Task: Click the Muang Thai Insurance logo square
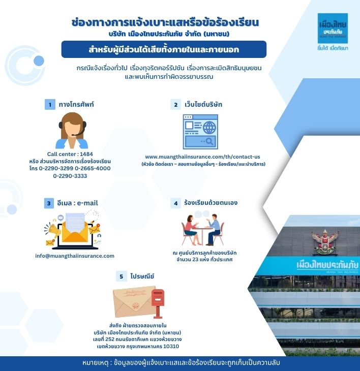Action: (333, 28)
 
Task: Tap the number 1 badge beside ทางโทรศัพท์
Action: (50, 104)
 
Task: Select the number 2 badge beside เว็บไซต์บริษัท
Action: (175, 105)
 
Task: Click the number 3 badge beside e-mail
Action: (49, 203)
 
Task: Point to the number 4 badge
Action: (175, 203)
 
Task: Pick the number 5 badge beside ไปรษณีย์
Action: (121, 276)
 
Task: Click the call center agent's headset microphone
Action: (77, 134)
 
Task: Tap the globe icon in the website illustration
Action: (209, 128)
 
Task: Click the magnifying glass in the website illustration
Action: (209, 141)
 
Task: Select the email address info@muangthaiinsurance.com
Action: (75, 256)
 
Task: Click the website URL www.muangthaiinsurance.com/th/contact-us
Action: (202, 157)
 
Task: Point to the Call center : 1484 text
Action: (70, 154)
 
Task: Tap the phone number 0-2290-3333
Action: (70, 176)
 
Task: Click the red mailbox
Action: (158, 303)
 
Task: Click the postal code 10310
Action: (171, 347)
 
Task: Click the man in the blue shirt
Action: (213, 229)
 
